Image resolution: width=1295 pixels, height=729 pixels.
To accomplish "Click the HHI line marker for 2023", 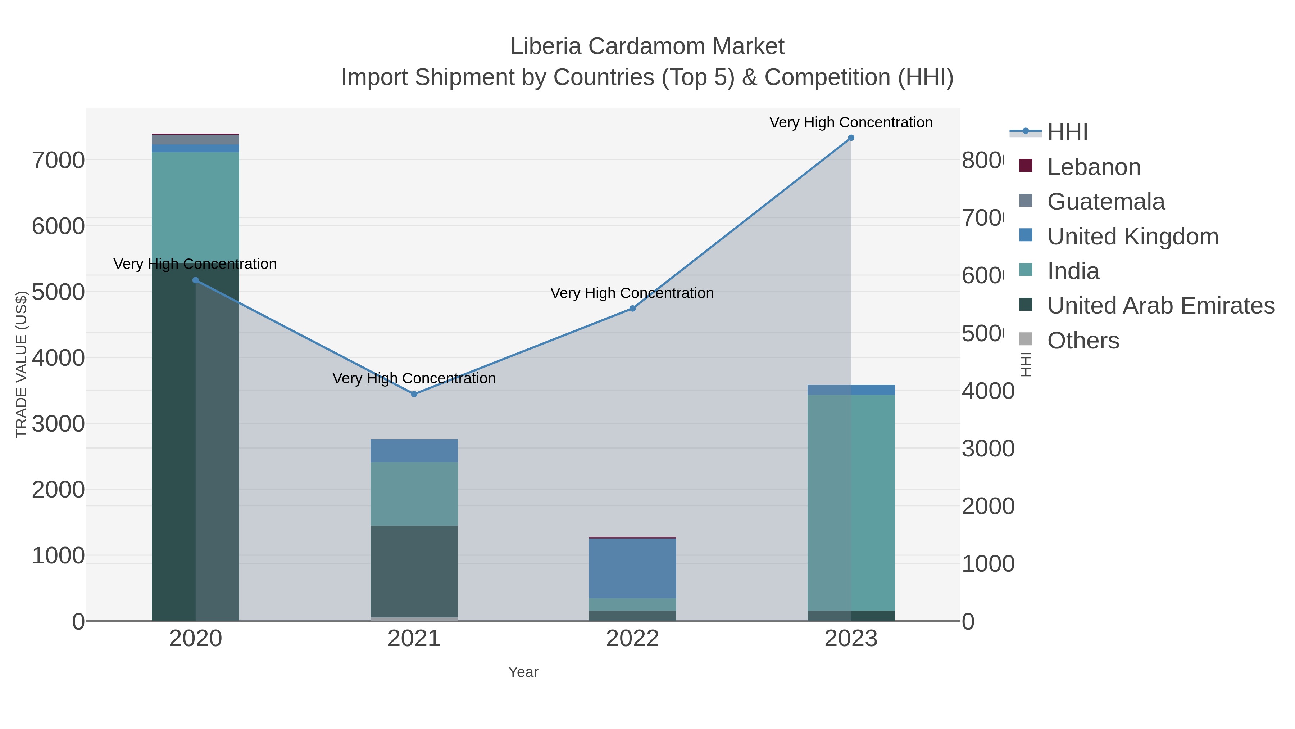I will tap(851, 138).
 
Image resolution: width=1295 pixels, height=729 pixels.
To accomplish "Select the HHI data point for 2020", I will tap(196, 280).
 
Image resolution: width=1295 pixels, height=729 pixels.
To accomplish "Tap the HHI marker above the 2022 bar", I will tap(632, 309).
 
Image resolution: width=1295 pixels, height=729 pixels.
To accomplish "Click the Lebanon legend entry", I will tap(1094, 167).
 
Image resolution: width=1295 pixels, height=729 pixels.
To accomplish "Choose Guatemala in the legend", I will tap(1105, 202).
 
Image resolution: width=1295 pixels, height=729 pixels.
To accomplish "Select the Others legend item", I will tap(1083, 341).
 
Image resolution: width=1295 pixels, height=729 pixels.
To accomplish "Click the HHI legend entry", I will tap(1067, 132).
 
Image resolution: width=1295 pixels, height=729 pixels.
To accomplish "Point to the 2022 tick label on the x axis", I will tap(632, 639).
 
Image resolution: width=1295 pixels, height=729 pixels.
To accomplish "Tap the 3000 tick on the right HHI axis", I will tap(988, 449).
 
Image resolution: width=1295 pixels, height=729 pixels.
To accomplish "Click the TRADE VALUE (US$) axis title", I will tap(21, 364).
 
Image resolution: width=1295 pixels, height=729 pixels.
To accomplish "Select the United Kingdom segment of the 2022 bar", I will tap(632, 568).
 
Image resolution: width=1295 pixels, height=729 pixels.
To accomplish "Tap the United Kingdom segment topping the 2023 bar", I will tap(851, 390).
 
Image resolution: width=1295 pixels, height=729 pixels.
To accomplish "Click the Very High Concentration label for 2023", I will tap(851, 122).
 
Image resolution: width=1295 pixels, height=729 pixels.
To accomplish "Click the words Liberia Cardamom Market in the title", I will tap(647, 46).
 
